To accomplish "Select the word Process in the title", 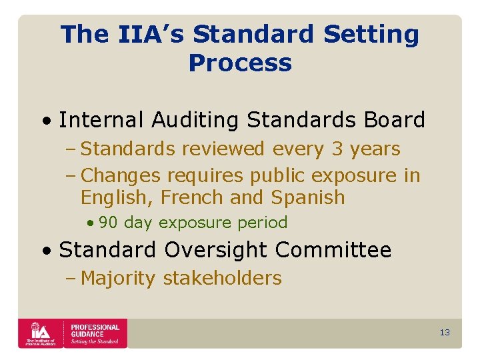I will [240, 63].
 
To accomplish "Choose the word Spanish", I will [308, 197].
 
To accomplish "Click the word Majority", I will [119, 278].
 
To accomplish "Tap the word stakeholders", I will [222, 278].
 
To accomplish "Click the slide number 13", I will [445, 332].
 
